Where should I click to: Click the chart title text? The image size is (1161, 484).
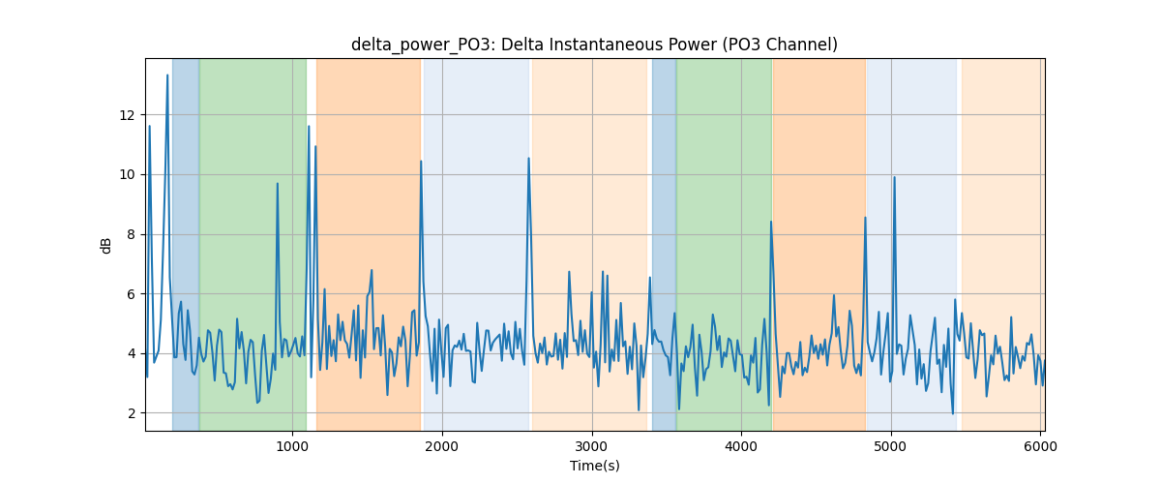point(594,45)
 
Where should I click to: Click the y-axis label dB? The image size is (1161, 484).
point(105,246)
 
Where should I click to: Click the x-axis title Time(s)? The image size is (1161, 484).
point(594,466)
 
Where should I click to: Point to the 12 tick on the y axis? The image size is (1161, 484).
point(127,115)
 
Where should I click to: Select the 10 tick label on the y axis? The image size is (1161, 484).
point(127,175)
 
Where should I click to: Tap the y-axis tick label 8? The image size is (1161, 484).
point(132,234)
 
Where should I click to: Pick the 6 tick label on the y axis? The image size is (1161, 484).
point(132,294)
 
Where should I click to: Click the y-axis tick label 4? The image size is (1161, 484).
point(132,353)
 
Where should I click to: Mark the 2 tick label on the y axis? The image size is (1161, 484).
point(132,413)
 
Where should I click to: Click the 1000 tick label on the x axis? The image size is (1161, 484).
point(292,446)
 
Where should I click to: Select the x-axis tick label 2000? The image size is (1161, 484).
point(442,446)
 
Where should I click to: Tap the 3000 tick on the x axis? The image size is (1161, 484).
point(592,446)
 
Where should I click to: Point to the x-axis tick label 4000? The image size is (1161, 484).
point(741,446)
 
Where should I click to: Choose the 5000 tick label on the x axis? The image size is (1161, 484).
point(891,446)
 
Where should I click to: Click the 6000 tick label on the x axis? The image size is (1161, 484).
point(1040,446)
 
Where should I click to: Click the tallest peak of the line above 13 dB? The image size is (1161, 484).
point(167,76)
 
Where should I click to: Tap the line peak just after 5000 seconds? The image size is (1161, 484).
point(894,177)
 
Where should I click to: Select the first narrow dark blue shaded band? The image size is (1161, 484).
point(186,244)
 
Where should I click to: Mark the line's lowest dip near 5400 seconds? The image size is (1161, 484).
point(953,413)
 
